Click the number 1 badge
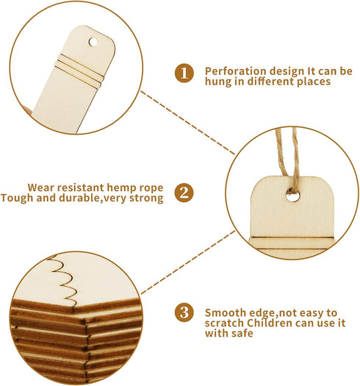184,73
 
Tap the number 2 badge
184,193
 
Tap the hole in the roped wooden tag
293,197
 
